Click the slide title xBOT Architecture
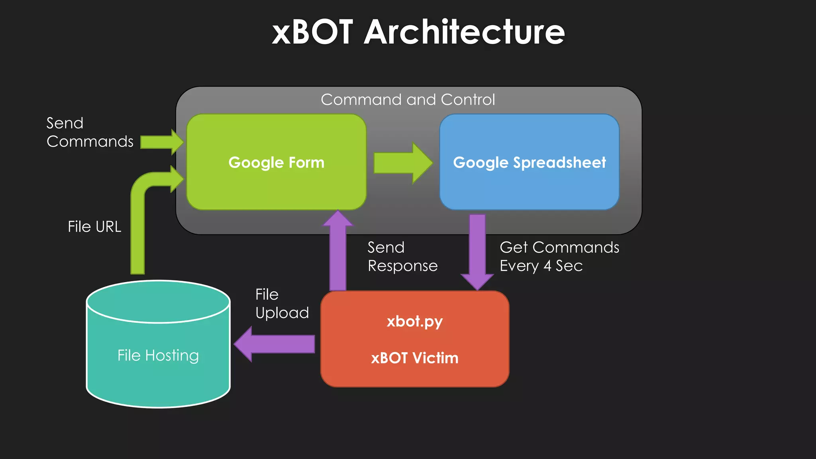(x=418, y=32)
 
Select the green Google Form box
(x=276, y=183)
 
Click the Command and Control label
(x=408, y=100)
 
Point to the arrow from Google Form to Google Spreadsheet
(x=402, y=163)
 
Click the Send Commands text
(x=90, y=132)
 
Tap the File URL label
(x=94, y=227)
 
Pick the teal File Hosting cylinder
(x=158, y=375)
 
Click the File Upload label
(x=282, y=304)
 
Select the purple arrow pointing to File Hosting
(x=275, y=344)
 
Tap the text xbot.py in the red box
(x=414, y=322)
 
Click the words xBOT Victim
(x=414, y=358)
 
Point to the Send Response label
(x=402, y=257)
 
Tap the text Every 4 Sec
(x=541, y=266)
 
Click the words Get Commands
(x=559, y=247)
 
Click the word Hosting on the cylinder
(x=172, y=355)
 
